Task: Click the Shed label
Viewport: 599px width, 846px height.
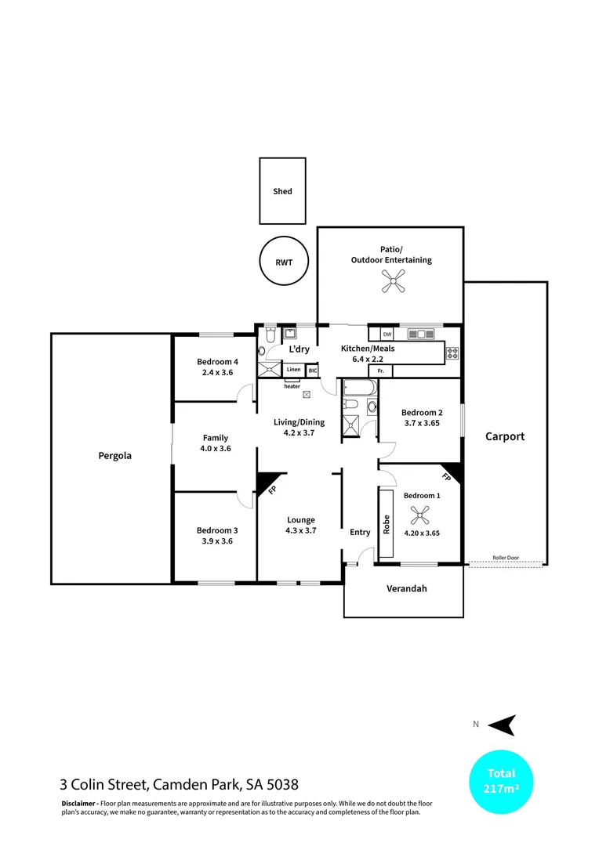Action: (x=282, y=191)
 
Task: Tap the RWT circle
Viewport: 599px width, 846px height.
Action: (x=283, y=262)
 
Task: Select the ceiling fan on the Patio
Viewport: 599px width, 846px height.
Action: (x=391, y=281)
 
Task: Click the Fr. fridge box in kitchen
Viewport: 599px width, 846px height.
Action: (x=380, y=371)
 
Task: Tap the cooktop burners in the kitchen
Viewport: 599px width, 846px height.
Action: (x=452, y=352)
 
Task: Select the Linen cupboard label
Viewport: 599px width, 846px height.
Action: (x=293, y=370)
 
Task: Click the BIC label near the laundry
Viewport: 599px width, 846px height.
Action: (x=312, y=370)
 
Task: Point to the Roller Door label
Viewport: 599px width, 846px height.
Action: (x=506, y=559)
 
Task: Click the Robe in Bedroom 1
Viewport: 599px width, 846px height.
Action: (x=386, y=523)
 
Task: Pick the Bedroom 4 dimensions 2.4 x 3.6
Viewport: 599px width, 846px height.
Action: (x=217, y=373)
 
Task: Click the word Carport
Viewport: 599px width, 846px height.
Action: (x=504, y=437)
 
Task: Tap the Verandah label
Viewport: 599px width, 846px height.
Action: (x=405, y=589)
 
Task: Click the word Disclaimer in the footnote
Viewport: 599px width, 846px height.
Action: (x=78, y=804)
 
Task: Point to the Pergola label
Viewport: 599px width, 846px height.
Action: (x=114, y=455)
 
